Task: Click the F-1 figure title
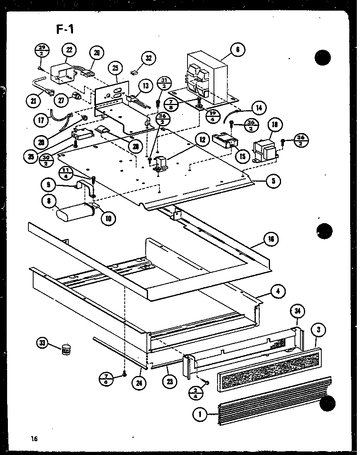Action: click(64, 29)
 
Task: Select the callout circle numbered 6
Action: click(238, 50)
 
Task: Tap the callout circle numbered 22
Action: click(69, 50)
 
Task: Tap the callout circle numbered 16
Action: click(272, 239)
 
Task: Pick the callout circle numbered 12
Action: click(202, 139)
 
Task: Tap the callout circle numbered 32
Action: click(148, 58)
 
